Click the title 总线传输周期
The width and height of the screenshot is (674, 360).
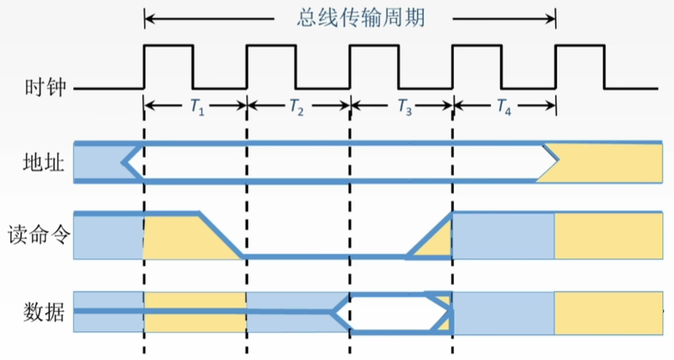coord(349,17)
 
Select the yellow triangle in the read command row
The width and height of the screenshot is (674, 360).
coord(437,245)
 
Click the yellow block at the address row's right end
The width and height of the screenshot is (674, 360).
coord(611,162)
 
